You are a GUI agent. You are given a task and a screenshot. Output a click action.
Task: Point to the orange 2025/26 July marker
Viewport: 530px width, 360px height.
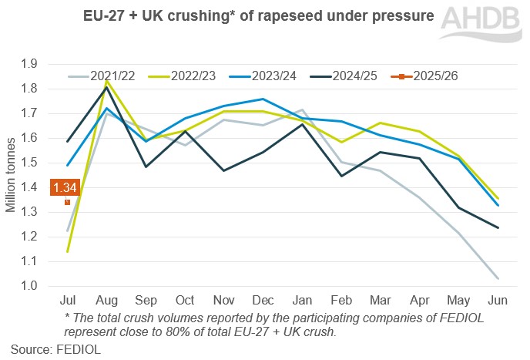(68, 202)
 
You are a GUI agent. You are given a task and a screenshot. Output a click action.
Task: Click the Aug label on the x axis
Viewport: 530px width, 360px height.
(106, 300)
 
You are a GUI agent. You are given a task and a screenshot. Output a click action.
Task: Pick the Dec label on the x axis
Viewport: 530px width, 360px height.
(262, 300)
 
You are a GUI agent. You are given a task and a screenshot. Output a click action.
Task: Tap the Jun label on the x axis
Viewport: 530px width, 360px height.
(497, 300)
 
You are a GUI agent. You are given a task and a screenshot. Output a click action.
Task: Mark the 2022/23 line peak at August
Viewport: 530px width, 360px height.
(107, 80)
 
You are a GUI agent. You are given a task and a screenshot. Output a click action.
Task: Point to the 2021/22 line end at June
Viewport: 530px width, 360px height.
(497, 278)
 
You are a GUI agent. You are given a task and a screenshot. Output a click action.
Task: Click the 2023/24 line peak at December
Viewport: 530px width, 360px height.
(263, 99)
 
